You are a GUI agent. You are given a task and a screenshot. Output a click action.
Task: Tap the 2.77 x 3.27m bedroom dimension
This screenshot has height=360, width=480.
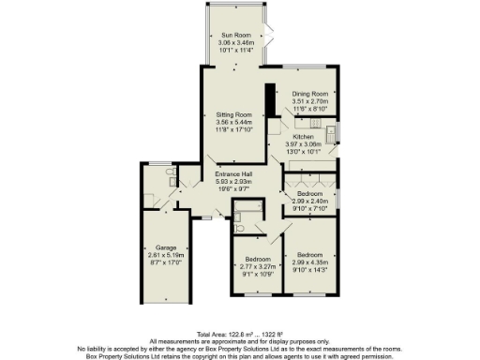[x=257, y=266]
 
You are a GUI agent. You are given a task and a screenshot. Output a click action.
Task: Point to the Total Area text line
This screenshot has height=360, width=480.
[x=239, y=334]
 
